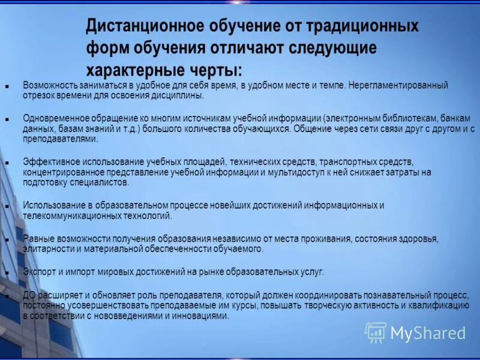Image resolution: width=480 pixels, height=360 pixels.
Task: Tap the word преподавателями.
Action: point(59,139)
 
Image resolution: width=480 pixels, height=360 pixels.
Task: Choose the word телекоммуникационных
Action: point(71,215)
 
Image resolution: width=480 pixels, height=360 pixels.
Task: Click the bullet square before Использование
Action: point(7,206)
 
